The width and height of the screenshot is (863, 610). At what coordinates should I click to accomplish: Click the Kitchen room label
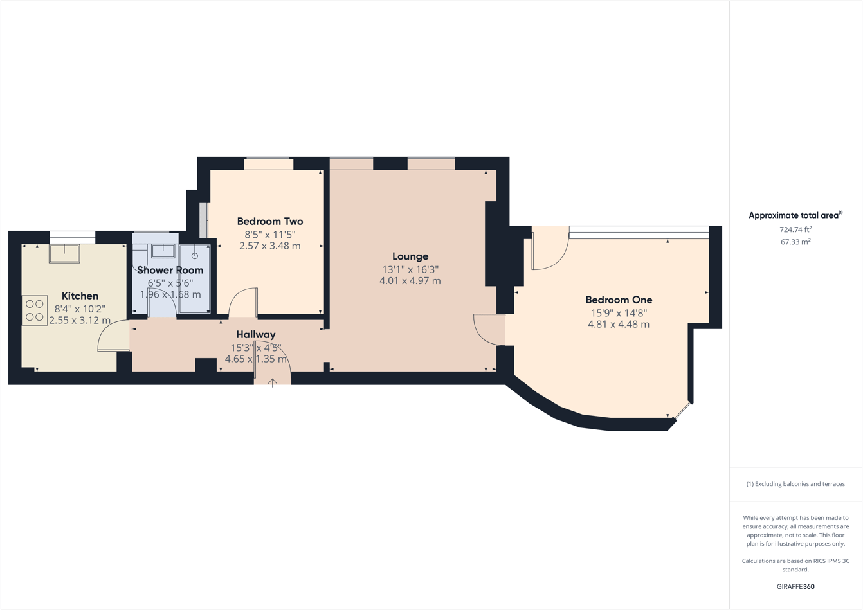pyautogui.click(x=80, y=296)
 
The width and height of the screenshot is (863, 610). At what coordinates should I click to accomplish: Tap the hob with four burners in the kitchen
pyautogui.click(x=35, y=310)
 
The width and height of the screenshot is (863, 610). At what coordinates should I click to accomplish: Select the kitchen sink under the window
pyautogui.click(x=64, y=253)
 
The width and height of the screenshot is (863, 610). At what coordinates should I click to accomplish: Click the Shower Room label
pyautogui.click(x=170, y=270)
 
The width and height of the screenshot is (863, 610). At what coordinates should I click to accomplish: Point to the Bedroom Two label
pyautogui.click(x=269, y=221)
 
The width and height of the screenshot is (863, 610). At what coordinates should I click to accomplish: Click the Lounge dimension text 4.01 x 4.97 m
pyautogui.click(x=410, y=281)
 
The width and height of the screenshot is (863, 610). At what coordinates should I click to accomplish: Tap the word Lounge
pyautogui.click(x=410, y=256)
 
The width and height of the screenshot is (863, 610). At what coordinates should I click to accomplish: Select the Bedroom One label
pyautogui.click(x=619, y=300)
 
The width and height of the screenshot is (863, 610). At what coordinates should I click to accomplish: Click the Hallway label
pyautogui.click(x=255, y=334)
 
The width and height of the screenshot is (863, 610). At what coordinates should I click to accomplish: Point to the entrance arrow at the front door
pyautogui.click(x=273, y=382)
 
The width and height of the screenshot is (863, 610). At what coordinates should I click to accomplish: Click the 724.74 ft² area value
pyautogui.click(x=795, y=229)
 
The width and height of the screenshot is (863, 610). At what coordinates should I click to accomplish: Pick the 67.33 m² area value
pyautogui.click(x=795, y=242)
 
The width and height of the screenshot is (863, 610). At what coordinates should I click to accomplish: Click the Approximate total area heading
pyautogui.click(x=795, y=215)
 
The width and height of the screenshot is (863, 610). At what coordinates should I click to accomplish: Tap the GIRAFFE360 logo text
pyautogui.click(x=795, y=586)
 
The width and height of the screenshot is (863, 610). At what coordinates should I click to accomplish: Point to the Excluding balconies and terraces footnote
pyautogui.click(x=795, y=484)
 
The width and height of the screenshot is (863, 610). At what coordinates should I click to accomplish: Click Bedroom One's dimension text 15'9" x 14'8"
pyautogui.click(x=619, y=313)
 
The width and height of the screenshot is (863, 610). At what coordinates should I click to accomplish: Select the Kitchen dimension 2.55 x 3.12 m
pyautogui.click(x=80, y=320)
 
